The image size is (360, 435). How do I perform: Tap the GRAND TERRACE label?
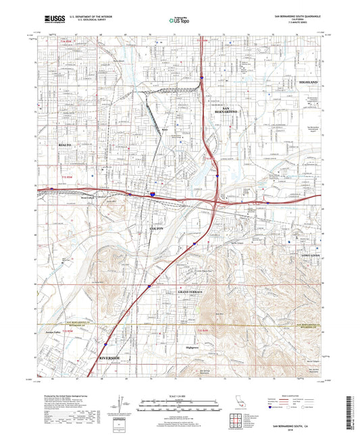tap(190, 291)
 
